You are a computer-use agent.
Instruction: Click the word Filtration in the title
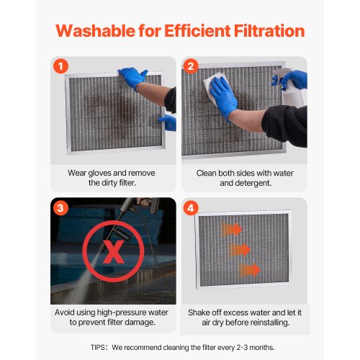coord(263,32)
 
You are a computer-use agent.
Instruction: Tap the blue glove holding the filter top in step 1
coord(132,77)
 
